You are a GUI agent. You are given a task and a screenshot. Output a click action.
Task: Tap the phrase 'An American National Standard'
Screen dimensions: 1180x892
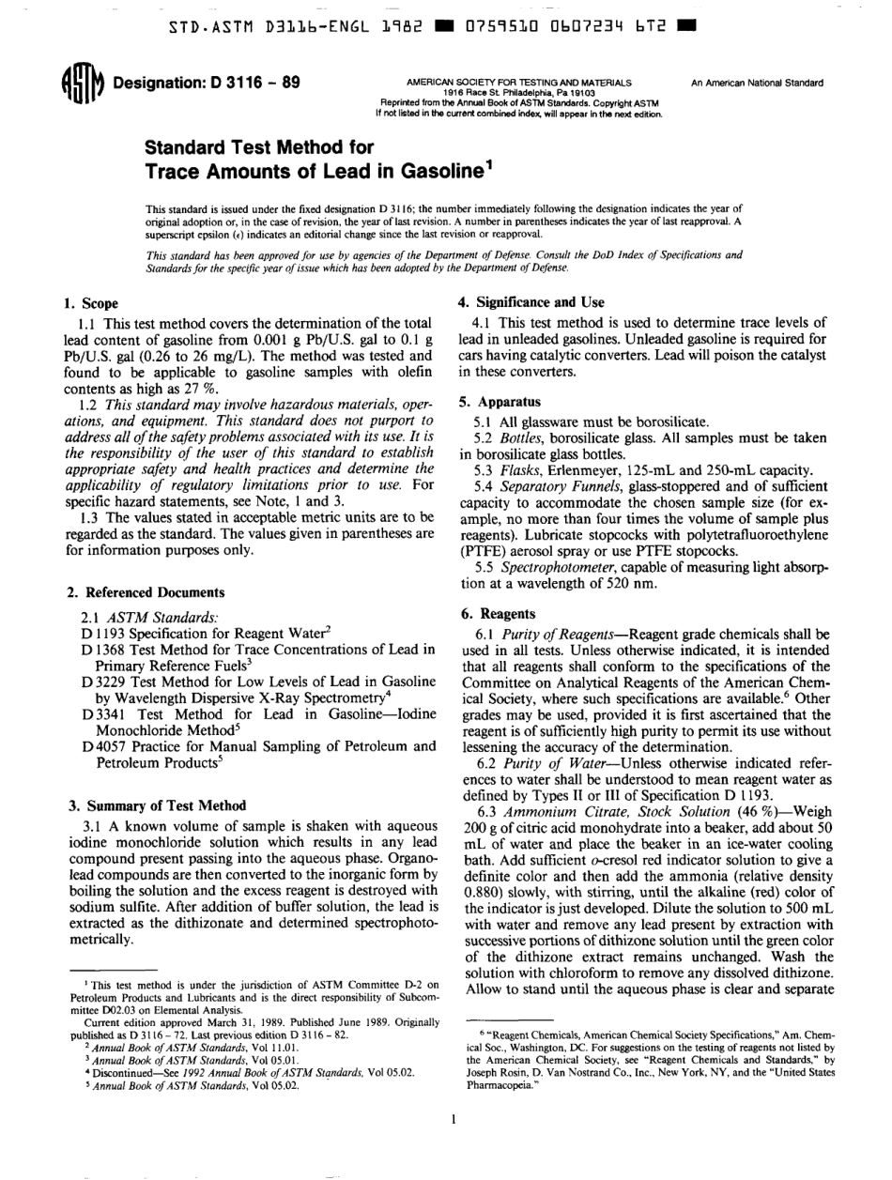757,83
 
